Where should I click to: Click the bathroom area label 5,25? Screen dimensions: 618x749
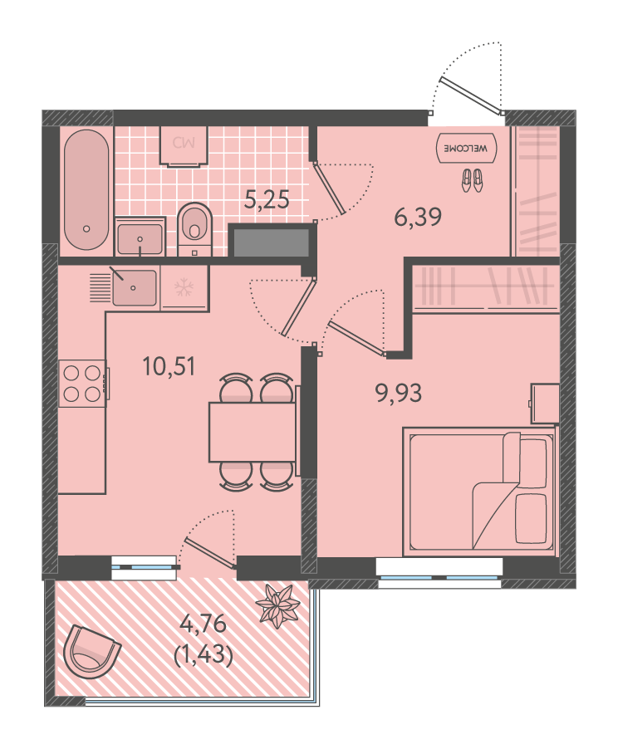[x=267, y=199]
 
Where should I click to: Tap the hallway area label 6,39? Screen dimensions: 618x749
[x=418, y=218]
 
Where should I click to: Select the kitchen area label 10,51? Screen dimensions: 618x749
[x=169, y=367]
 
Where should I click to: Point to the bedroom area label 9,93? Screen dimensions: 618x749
[x=399, y=394]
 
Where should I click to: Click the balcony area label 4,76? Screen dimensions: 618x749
[x=204, y=624]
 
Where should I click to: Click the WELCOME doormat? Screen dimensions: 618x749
[x=467, y=148]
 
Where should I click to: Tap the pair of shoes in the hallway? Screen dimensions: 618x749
[x=473, y=180]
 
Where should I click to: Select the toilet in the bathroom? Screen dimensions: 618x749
[x=194, y=229]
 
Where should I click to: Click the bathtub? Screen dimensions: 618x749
[x=86, y=189]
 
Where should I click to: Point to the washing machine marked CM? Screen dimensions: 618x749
[x=184, y=146]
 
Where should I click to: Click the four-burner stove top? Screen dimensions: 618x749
[x=82, y=383]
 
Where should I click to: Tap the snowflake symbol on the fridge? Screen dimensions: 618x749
[x=184, y=287]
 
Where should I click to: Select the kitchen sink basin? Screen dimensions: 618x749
[x=135, y=288]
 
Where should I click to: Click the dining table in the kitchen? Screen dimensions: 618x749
[x=253, y=433]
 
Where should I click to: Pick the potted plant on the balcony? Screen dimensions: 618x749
[x=277, y=605]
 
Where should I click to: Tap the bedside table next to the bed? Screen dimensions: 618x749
[x=545, y=404]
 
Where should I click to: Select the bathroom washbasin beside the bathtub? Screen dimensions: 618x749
[x=140, y=237]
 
